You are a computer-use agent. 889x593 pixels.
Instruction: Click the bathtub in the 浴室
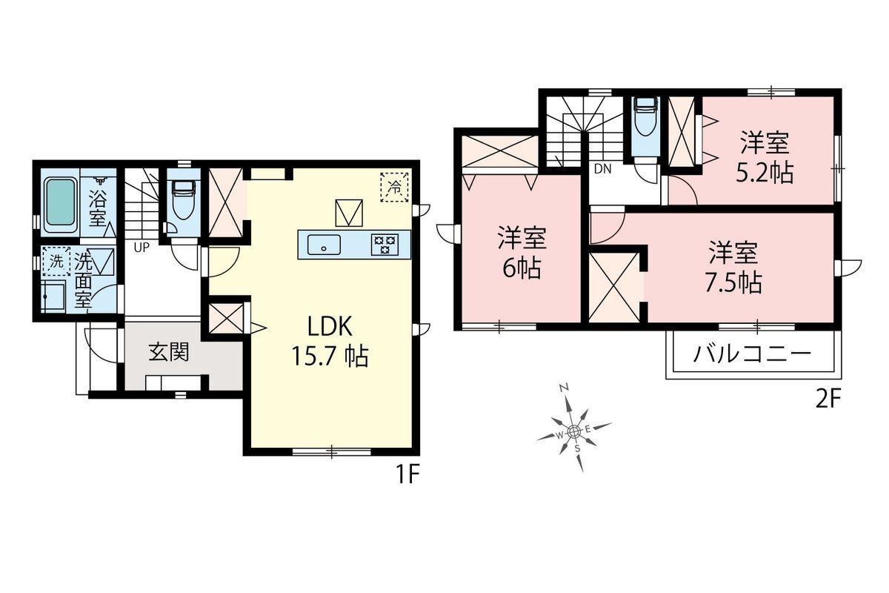(60, 205)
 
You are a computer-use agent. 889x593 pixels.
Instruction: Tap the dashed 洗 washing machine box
(56, 262)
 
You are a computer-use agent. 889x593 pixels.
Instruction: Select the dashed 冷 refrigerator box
(394, 187)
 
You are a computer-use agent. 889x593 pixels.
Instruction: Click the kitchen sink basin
(324, 245)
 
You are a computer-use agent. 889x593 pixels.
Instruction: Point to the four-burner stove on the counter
(384, 245)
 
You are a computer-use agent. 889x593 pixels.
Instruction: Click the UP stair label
(141, 248)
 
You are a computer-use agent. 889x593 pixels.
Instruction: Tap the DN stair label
(602, 169)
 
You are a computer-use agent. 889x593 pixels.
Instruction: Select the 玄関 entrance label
(169, 352)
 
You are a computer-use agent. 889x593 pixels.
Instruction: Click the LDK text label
(330, 326)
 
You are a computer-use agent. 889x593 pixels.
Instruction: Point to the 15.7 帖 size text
(330, 356)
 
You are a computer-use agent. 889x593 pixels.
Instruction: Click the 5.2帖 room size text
(765, 173)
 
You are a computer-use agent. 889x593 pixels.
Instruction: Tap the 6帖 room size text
(522, 268)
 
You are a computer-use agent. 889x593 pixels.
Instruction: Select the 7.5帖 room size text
(733, 282)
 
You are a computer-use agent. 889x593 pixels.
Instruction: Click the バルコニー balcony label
(752, 354)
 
